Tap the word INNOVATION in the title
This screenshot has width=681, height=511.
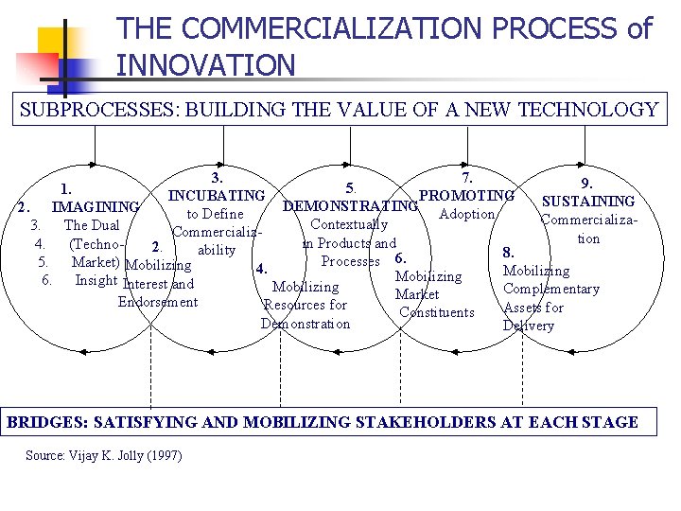(x=206, y=65)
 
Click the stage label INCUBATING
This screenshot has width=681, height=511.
(x=217, y=196)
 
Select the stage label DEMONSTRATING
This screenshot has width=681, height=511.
(x=350, y=206)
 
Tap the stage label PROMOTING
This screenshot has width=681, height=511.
(x=466, y=196)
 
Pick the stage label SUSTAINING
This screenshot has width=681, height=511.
(x=587, y=201)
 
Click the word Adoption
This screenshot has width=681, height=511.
(x=467, y=214)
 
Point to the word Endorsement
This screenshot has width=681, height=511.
(x=158, y=302)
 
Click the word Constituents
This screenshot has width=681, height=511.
(x=437, y=312)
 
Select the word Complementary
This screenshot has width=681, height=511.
(x=551, y=289)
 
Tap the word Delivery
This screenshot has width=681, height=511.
(x=529, y=326)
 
